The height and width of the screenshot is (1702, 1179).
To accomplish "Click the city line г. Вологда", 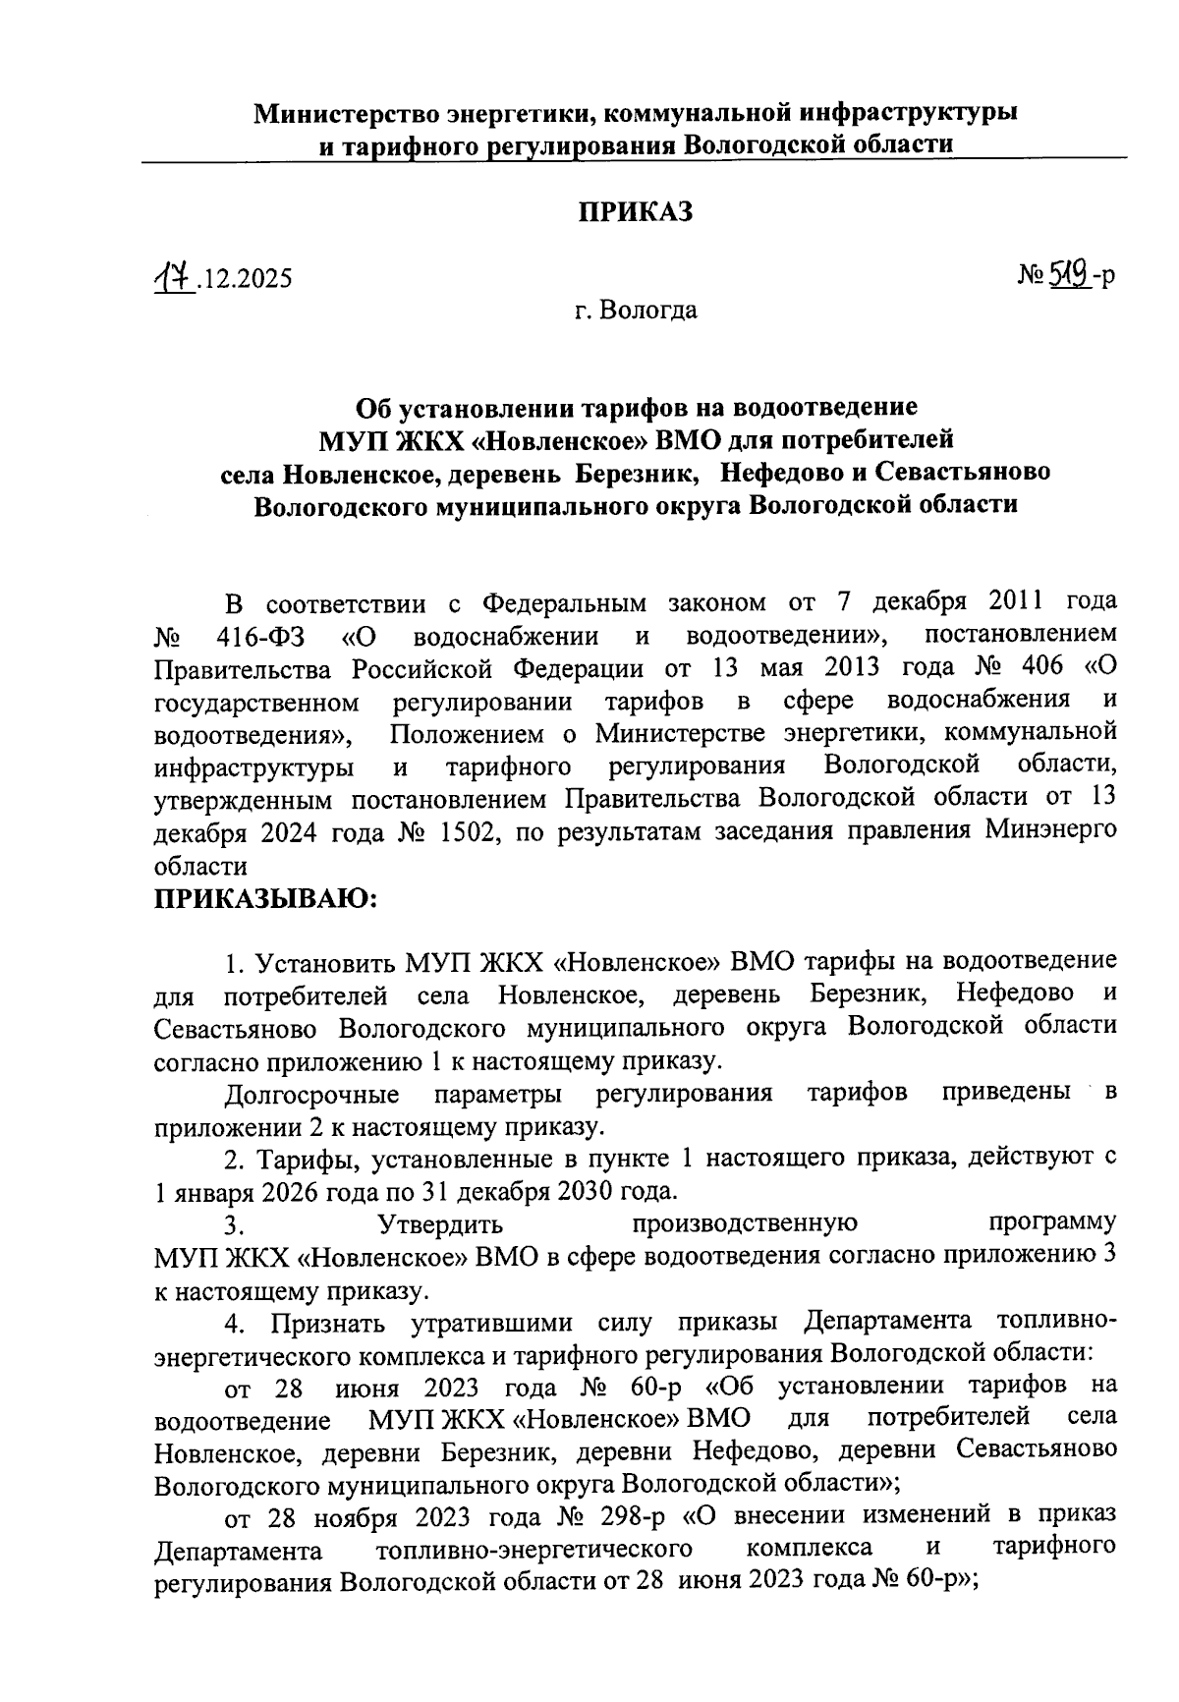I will pyautogui.click(x=636, y=312).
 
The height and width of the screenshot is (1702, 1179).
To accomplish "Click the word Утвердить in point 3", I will pyautogui.click(x=440, y=1224).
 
